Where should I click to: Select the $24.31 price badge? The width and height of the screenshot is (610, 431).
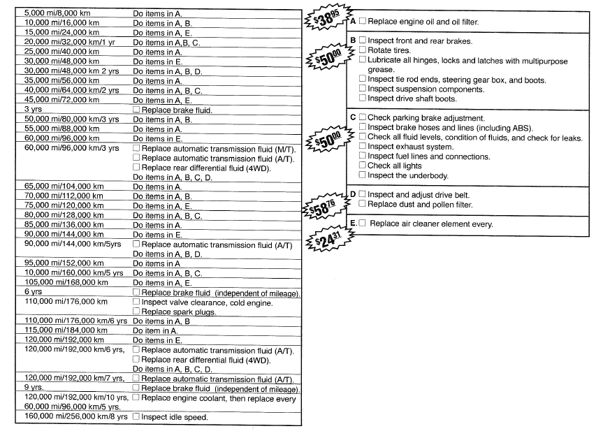coord(328,238)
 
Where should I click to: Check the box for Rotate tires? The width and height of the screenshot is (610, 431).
coord(363,50)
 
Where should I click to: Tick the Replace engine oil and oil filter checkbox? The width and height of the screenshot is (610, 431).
coord(363,22)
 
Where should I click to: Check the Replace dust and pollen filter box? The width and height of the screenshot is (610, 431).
coord(363,204)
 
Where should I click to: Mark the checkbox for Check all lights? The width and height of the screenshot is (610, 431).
coord(363,166)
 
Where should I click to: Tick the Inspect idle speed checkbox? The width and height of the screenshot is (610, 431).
coord(136,417)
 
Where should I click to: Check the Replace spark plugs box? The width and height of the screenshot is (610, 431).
coord(136,312)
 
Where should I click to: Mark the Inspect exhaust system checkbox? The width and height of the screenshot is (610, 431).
coord(363,147)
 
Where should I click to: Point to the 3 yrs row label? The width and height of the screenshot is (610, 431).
coord(32,110)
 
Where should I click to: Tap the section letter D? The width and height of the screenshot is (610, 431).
coord(353,194)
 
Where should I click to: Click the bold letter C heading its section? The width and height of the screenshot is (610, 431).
coord(353,117)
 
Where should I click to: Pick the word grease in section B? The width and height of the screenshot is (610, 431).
coord(381,70)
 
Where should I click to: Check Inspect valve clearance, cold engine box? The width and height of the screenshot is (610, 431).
coord(136,302)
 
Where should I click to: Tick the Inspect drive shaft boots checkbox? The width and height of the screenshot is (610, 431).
coord(363,98)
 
